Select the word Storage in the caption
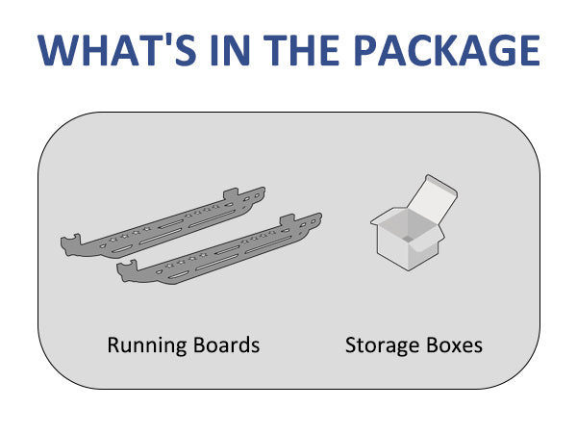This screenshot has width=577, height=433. [x=380, y=344]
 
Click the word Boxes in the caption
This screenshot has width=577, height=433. [x=452, y=344]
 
